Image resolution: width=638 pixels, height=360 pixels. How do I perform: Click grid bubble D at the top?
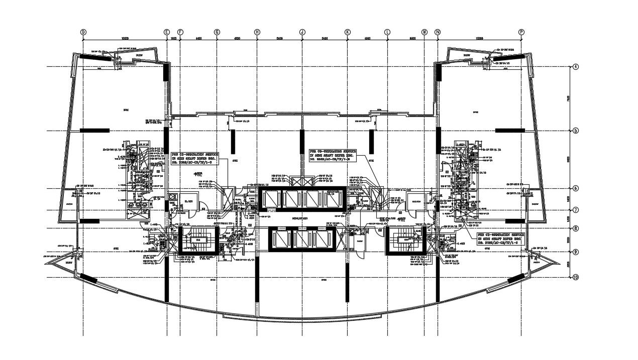point(83,32)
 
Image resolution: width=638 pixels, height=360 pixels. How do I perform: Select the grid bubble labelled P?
point(521,32)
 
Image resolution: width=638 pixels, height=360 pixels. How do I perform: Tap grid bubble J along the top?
point(302,32)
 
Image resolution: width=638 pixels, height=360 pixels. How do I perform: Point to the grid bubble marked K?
point(347,32)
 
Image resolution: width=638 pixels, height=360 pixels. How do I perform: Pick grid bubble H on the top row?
point(257,32)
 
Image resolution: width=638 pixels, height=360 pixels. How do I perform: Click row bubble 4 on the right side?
point(575,66)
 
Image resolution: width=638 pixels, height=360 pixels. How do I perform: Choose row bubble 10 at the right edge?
point(575,277)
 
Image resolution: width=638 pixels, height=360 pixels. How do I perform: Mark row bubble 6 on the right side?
point(575,188)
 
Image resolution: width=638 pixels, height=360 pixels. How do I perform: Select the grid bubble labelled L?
point(387,32)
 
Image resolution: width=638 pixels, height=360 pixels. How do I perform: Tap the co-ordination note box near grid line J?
point(333,155)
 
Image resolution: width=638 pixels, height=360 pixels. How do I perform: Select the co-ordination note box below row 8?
point(501,238)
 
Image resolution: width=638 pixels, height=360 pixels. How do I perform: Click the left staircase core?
point(198,240)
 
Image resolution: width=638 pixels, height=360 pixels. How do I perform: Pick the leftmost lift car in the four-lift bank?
point(270,199)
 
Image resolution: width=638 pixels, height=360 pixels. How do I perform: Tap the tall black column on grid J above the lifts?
point(302,142)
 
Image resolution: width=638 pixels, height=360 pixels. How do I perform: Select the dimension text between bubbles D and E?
point(125,38)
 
